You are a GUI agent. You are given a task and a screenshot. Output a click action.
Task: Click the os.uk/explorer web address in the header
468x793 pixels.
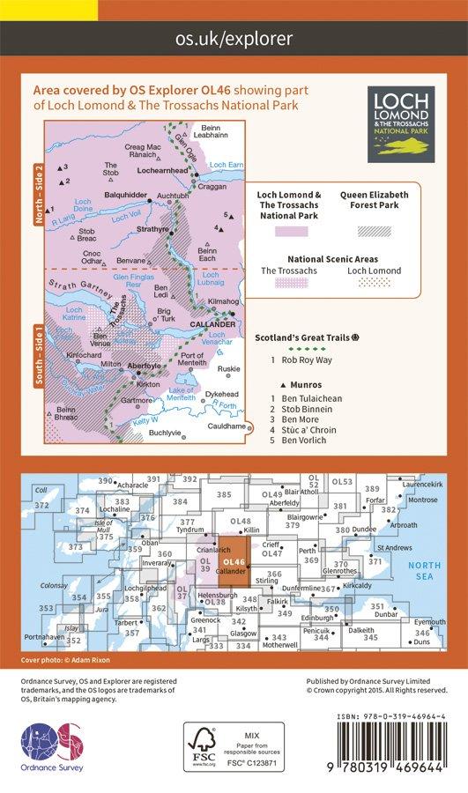[x=234, y=39]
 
